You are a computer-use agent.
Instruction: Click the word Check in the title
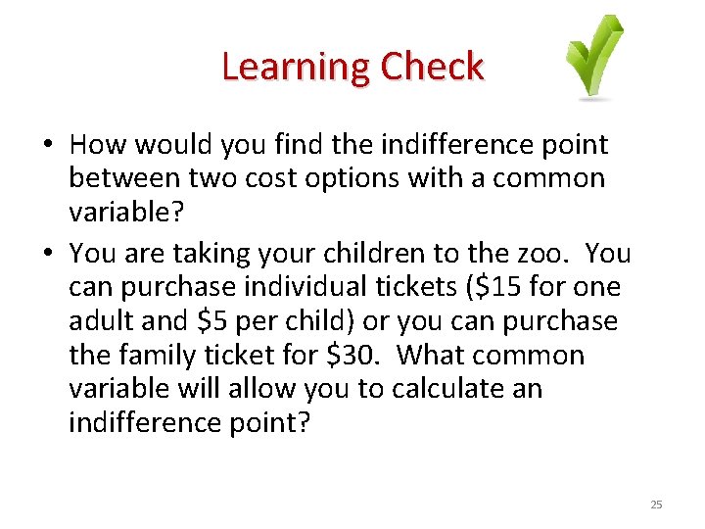click(432, 68)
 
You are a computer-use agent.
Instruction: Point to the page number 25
click(656, 505)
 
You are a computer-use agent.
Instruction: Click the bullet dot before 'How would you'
click(47, 146)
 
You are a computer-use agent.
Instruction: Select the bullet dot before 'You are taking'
click(47, 254)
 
